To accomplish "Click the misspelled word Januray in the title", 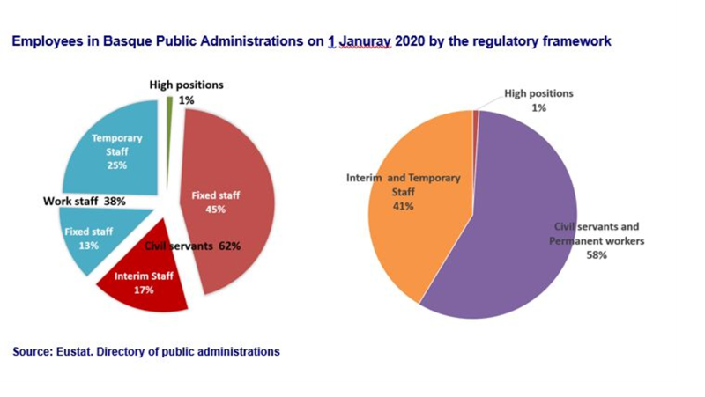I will click(362, 41).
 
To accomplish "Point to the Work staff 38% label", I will click(85, 201).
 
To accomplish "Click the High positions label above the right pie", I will click(538, 92).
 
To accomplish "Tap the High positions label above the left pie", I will click(186, 85).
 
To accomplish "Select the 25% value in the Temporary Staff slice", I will click(116, 165).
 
